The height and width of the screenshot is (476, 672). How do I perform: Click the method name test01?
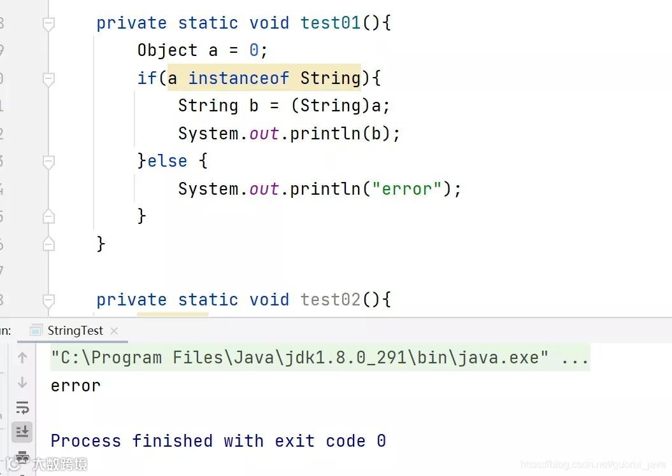point(331,23)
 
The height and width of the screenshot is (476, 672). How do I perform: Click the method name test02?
point(331,299)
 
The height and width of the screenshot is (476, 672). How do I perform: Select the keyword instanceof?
point(238,78)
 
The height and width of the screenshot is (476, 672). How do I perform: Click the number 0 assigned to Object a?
point(254,51)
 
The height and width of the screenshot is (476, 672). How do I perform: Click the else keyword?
point(167,161)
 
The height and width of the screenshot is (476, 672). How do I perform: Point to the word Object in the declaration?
point(167,51)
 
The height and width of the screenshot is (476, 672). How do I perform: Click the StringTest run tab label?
point(75,330)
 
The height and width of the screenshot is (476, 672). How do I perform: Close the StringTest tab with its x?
point(115,331)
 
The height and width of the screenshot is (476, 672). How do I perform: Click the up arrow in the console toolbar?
point(22,358)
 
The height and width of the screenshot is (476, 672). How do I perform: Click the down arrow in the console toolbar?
point(22,382)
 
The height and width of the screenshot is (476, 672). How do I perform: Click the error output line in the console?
point(75,386)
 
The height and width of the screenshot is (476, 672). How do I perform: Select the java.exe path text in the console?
point(299,358)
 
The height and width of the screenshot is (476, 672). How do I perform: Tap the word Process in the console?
point(85,440)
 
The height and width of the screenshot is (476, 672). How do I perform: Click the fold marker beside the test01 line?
point(48,24)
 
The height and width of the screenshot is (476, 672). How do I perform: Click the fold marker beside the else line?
point(48,162)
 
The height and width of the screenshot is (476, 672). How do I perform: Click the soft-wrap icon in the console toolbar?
point(22,407)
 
